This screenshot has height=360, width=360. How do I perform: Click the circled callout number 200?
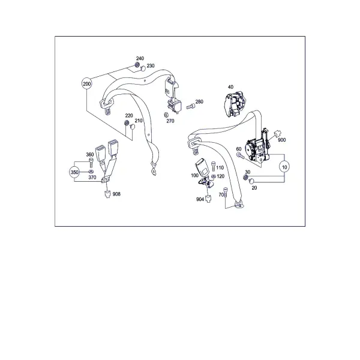[86, 84]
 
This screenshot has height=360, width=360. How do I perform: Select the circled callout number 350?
[74, 172]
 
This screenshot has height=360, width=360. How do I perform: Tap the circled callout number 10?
[284, 167]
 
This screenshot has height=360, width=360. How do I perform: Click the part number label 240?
[140, 58]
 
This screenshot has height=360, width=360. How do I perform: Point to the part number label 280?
[199, 101]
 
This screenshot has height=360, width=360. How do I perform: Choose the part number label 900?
[282, 140]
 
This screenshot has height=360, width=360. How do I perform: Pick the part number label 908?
[116, 194]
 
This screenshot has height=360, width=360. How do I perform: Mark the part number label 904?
[200, 199]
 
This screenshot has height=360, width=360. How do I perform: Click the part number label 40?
[230, 87]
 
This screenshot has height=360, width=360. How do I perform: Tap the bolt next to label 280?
[190, 106]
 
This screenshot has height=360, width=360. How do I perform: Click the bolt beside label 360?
[91, 163]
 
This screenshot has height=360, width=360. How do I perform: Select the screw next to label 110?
[213, 166]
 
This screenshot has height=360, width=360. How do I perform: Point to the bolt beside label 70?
[225, 192]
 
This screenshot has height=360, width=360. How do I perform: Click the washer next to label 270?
[166, 115]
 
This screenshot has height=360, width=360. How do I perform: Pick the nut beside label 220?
[127, 122]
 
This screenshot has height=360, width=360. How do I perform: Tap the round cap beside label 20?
[252, 181]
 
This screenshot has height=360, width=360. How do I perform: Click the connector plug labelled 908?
[107, 194]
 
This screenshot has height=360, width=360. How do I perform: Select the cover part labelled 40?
[235, 104]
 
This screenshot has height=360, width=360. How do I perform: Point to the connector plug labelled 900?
[278, 133]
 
